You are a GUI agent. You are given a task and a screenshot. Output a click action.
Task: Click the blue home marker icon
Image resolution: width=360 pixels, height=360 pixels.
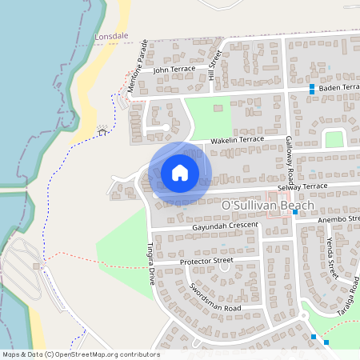180,173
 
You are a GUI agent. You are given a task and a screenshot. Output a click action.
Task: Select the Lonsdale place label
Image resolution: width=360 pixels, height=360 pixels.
110,38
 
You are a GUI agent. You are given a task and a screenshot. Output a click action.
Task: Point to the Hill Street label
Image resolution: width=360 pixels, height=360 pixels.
214,65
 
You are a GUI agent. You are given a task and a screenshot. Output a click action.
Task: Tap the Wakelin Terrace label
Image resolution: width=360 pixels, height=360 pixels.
237,140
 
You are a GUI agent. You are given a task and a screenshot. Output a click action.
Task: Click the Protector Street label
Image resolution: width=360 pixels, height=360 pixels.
206,261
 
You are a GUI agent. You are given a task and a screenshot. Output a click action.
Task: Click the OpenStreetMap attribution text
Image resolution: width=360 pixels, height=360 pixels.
81,354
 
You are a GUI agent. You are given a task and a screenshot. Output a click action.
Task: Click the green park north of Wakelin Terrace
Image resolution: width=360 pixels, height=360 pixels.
212,116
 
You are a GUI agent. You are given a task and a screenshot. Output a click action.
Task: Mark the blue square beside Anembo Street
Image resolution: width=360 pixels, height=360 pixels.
295,212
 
